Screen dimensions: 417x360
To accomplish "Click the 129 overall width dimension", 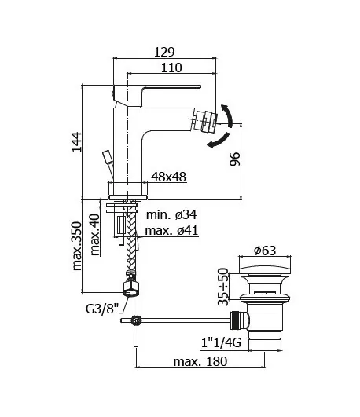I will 163,51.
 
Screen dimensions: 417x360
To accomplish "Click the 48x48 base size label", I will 168,177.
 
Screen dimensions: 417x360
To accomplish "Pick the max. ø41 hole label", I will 171,232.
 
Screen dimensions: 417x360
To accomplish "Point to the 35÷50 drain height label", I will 223,287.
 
